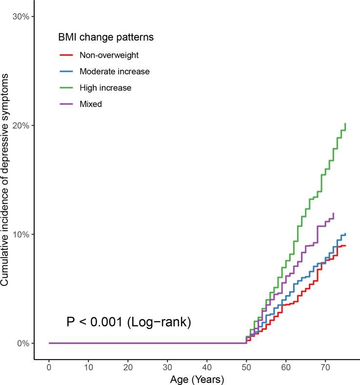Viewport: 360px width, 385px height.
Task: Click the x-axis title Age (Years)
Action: pos(197,379)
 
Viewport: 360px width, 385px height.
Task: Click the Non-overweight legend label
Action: pos(106,55)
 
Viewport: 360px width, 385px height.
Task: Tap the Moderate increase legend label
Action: pos(114,71)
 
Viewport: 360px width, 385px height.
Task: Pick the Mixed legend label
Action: pos(90,103)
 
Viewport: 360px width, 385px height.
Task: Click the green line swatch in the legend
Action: pos(66,87)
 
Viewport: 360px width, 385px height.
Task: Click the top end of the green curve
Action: pos(345,124)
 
